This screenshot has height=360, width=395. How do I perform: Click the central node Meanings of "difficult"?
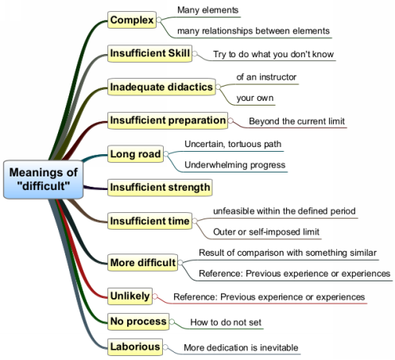pyautogui.click(x=43, y=180)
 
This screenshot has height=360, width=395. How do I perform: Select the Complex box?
pyautogui.click(x=132, y=20)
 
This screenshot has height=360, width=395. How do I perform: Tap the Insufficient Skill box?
pyautogui.click(x=149, y=53)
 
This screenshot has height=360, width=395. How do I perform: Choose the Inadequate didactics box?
pyautogui.click(x=161, y=87)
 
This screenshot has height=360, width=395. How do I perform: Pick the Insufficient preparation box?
pyautogui.click(x=168, y=121)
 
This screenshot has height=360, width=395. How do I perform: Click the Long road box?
pyautogui.click(x=135, y=154)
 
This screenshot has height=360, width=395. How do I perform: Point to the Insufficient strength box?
pyautogui.click(x=160, y=188)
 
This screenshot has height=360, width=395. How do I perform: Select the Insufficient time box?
pyautogui.click(x=149, y=221)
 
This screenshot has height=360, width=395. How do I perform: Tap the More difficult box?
pyautogui.click(x=142, y=262)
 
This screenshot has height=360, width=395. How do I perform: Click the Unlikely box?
pyautogui.click(x=130, y=296)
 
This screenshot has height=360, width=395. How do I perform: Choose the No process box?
pyautogui.click(x=138, y=322)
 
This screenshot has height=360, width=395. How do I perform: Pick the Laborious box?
pyautogui.click(x=135, y=347)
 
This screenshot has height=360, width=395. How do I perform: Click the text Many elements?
pyautogui.click(x=208, y=10)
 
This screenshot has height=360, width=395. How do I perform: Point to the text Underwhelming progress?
pyautogui.click(x=235, y=165)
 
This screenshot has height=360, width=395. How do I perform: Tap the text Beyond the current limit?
pyautogui.click(x=296, y=121)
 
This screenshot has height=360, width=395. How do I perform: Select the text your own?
pyautogui.click(x=255, y=98)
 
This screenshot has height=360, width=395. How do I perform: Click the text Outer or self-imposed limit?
pyautogui.click(x=266, y=232)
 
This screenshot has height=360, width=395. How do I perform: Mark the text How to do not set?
pyautogui.click(x=226, y=322)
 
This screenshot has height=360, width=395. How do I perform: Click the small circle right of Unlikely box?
pyautogui.click(x=155, y=296)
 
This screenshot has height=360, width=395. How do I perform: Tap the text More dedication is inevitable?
pyautogui.click(x=241, y=347)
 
